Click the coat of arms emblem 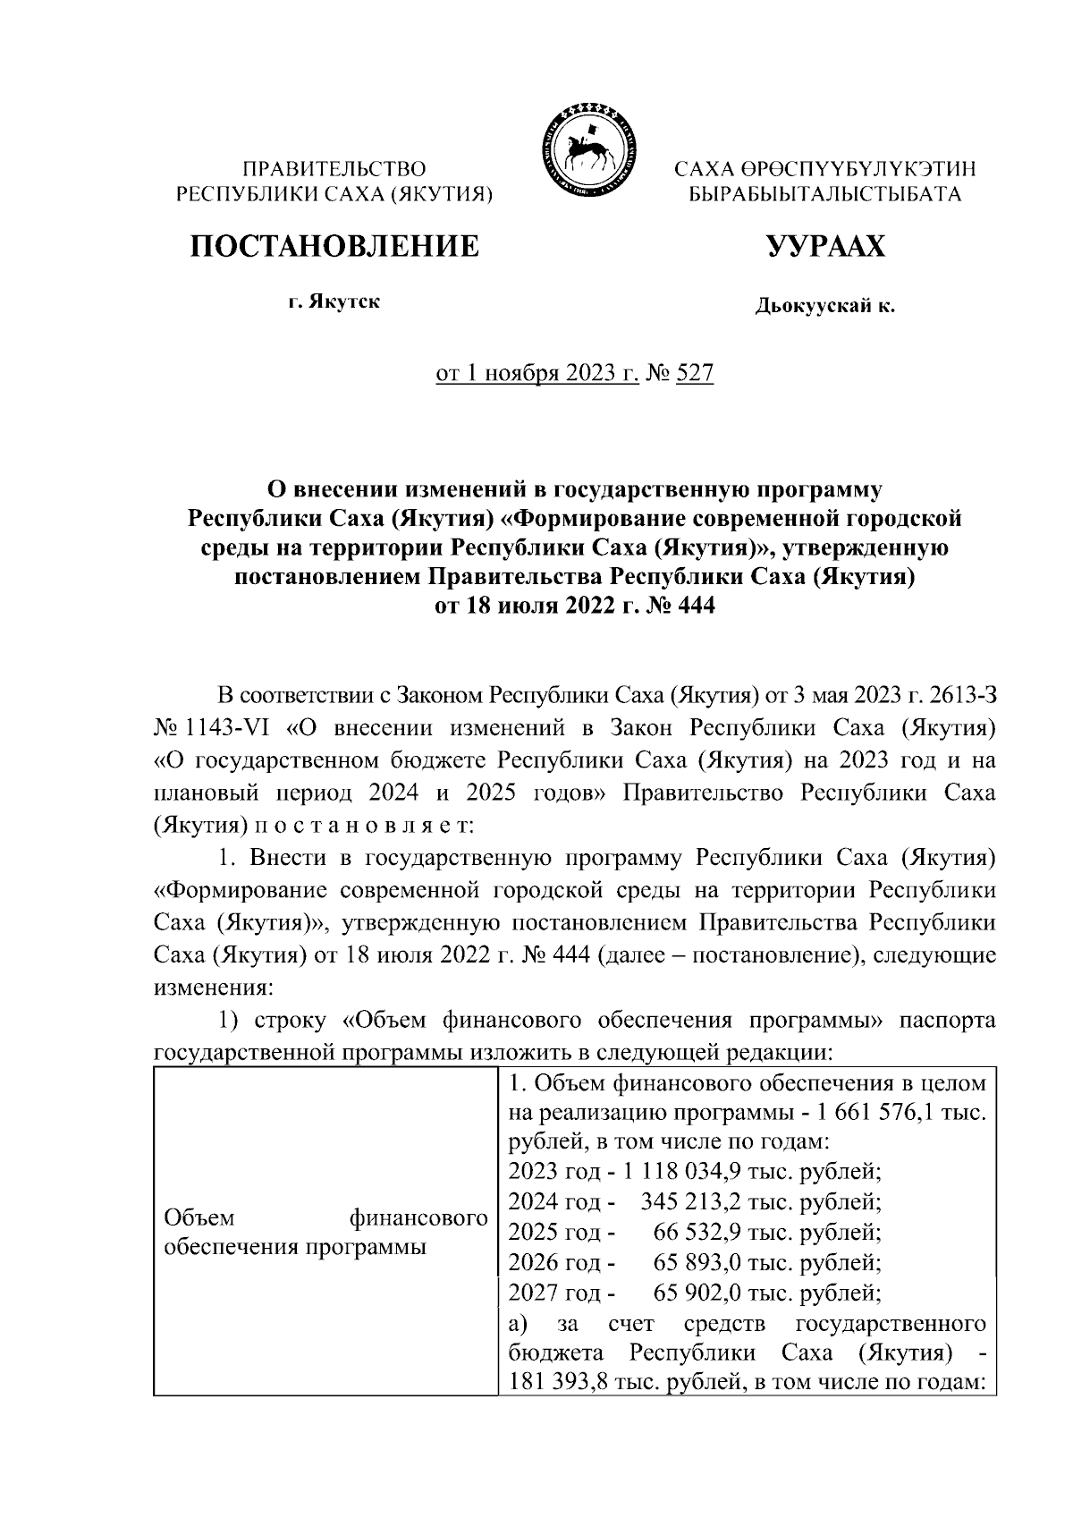pyautogui.click(x=586, y=149)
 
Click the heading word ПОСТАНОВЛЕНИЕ pyautogui.click(x=333, y=245)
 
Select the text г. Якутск pyautogui.click(x=334, y=301)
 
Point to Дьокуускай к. pyautogui.click(x=824, y=307)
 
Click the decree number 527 pyautogui.click(x=695, y=373)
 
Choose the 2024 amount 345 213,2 pyautogui.click(x=692, y=1201)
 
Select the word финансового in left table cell pyautogui.click(x=418, y=1218)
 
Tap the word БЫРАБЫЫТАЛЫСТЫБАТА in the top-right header pyautogui.click(x=824, y=193)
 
